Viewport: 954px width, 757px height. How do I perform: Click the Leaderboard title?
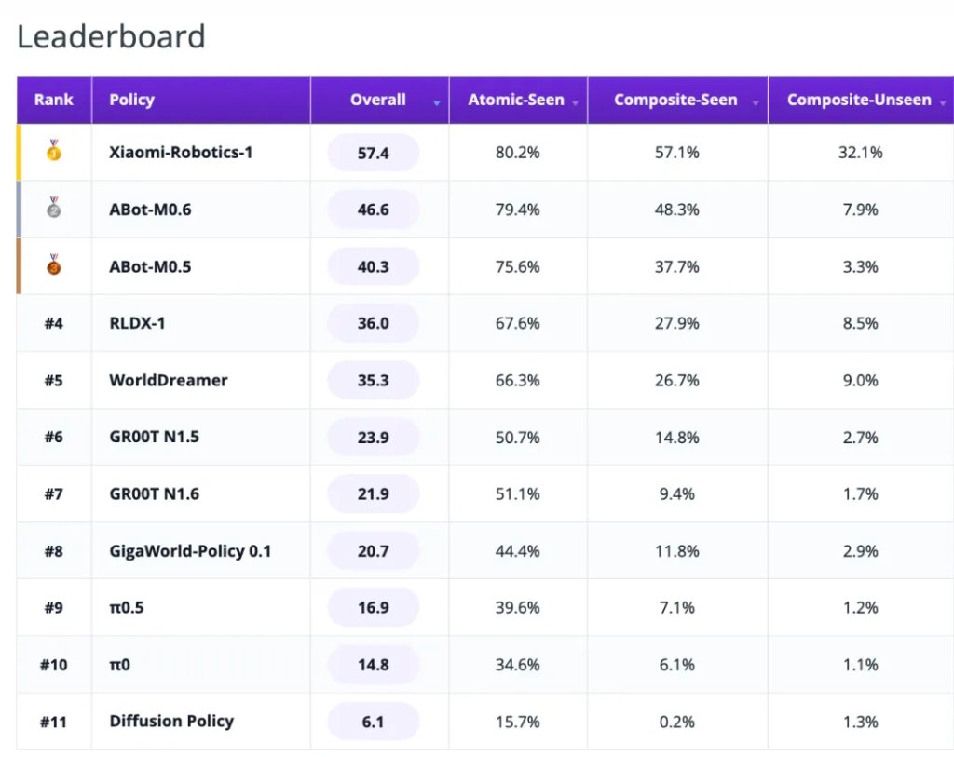coord(112,36)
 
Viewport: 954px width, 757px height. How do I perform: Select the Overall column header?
coord(378,100)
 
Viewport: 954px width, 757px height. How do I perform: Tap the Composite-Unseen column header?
coord(859,100)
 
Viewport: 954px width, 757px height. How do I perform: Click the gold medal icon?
coord(53,150)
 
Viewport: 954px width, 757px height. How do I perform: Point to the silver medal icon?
coord(53,208)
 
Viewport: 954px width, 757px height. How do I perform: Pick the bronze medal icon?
coord(53,264)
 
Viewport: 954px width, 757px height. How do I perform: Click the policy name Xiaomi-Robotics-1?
coord(181,152)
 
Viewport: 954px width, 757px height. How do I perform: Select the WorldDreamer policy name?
coord(169,380)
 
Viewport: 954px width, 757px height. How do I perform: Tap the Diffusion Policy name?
coord(171,721)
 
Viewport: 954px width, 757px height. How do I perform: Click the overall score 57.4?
coord(373,153)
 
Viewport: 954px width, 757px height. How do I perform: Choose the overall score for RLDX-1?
coord(373,323)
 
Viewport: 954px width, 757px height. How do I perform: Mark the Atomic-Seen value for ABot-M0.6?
coord(517,210)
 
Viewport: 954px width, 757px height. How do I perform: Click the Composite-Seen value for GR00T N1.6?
coord(676,493)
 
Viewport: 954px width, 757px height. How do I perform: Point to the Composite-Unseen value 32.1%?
coord(860,153)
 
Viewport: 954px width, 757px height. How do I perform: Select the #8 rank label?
coord(53,551)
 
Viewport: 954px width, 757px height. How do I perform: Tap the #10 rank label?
coord(53,665)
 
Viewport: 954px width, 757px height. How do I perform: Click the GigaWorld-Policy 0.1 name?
coord(190,551)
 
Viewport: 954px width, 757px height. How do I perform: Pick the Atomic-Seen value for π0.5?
coord(517,607)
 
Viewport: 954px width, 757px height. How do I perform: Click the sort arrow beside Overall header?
coord(436,103)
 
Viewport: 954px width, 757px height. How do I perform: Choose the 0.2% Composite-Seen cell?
coord(676,722)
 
